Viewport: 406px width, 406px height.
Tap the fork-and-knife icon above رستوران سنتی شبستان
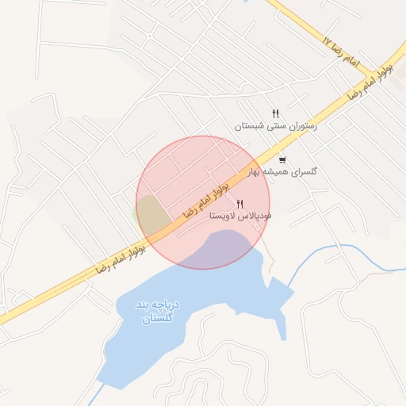point(275,113)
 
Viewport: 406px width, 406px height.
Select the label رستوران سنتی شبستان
point(275,126)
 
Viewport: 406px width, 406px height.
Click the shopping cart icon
point(282,160)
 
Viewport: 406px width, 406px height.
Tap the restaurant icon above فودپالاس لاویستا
point(240,205)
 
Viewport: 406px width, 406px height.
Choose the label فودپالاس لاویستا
point(240,216)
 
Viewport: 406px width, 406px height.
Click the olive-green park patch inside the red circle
point(153,216)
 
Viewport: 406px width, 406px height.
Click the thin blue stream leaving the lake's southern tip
point(98,394)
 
